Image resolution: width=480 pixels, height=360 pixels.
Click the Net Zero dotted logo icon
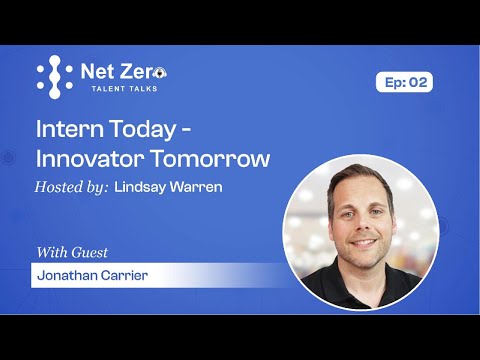[x=54, y=77]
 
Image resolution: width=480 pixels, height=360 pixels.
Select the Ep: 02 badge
[x=404, y=83]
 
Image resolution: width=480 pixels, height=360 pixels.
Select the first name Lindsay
[x=142, y=186]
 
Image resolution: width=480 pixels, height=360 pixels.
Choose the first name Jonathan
[x=66, y=275]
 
